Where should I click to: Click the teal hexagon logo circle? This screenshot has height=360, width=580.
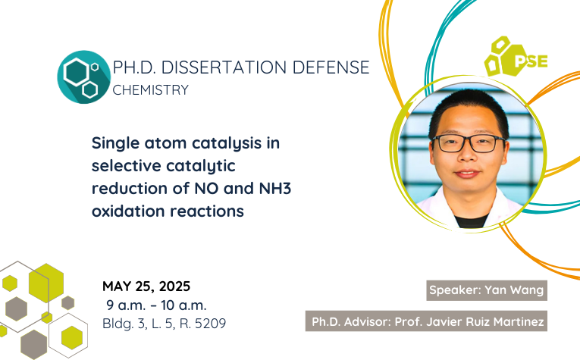(84, 77)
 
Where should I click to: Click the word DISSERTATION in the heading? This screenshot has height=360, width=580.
(224, 67)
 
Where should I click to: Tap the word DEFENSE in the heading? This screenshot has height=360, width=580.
(331, 67)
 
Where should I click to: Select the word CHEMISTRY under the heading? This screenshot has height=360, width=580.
(151, 90)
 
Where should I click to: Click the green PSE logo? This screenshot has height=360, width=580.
(516, 57)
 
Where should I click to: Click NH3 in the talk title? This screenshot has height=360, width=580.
(274, 188)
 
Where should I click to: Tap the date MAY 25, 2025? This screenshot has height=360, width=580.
(146, 286)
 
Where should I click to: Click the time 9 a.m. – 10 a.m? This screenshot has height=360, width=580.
(156, 305)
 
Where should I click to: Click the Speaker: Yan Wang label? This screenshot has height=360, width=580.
(487, 290)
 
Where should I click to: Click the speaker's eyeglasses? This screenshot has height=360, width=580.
(469, 143)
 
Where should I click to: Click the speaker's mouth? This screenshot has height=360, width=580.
(467, 174)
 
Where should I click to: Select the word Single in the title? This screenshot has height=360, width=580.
(115, 143)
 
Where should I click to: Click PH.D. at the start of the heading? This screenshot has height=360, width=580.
(135, 67)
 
